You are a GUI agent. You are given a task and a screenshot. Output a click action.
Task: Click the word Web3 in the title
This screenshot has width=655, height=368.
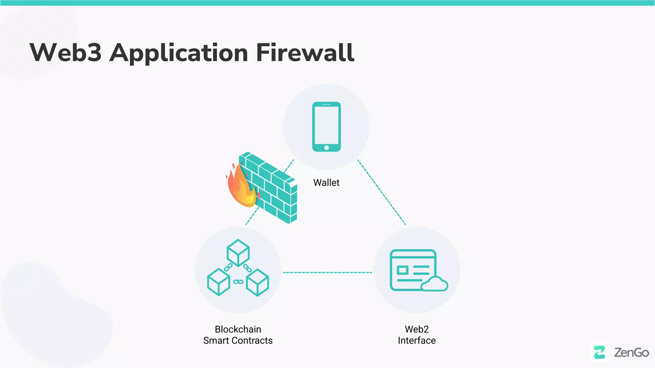tap(66, 53)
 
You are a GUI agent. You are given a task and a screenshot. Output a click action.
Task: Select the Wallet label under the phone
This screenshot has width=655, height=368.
tap(326, 183)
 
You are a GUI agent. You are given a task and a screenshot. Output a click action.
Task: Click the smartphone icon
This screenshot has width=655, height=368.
tap(326, 126)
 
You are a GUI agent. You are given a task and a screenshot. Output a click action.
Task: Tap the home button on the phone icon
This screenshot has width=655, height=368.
tap(326, 148)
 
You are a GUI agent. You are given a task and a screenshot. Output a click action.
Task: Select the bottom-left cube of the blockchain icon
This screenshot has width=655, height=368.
tap(218, 282)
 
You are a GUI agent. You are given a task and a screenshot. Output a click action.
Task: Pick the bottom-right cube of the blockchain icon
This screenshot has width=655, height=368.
tap(257, 282)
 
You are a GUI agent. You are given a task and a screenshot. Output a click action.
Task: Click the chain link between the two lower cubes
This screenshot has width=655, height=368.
tap(238, 282)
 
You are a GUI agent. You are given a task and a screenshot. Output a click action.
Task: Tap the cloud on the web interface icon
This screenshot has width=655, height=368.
tap(434, 284)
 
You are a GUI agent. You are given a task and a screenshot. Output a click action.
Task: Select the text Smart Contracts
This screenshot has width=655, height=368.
tap(238, 341)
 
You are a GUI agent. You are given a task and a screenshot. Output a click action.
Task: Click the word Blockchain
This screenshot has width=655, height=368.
tap(238, 329)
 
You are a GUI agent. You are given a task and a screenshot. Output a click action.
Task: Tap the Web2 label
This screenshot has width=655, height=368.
tap(416, 329)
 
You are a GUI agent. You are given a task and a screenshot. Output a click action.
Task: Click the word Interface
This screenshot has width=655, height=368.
tap(416, 341)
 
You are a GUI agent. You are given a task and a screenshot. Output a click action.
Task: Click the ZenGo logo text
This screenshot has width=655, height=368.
tap(631, 352)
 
